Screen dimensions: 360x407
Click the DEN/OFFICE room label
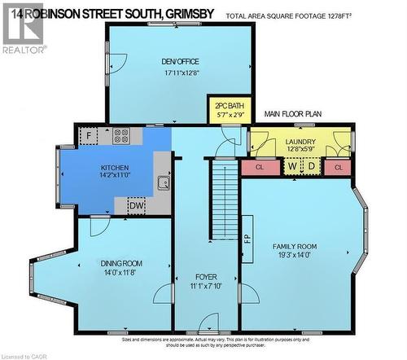[180, 62]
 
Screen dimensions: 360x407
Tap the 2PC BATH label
[227, 106]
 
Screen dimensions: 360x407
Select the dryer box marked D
[311, 166]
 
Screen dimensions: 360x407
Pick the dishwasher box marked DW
[137, 207]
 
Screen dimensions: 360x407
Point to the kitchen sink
[163, 183]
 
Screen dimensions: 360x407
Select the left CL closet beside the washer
[260, 167]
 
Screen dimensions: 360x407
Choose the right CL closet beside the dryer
[338, 167]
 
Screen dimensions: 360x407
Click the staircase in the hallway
[222, 201]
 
